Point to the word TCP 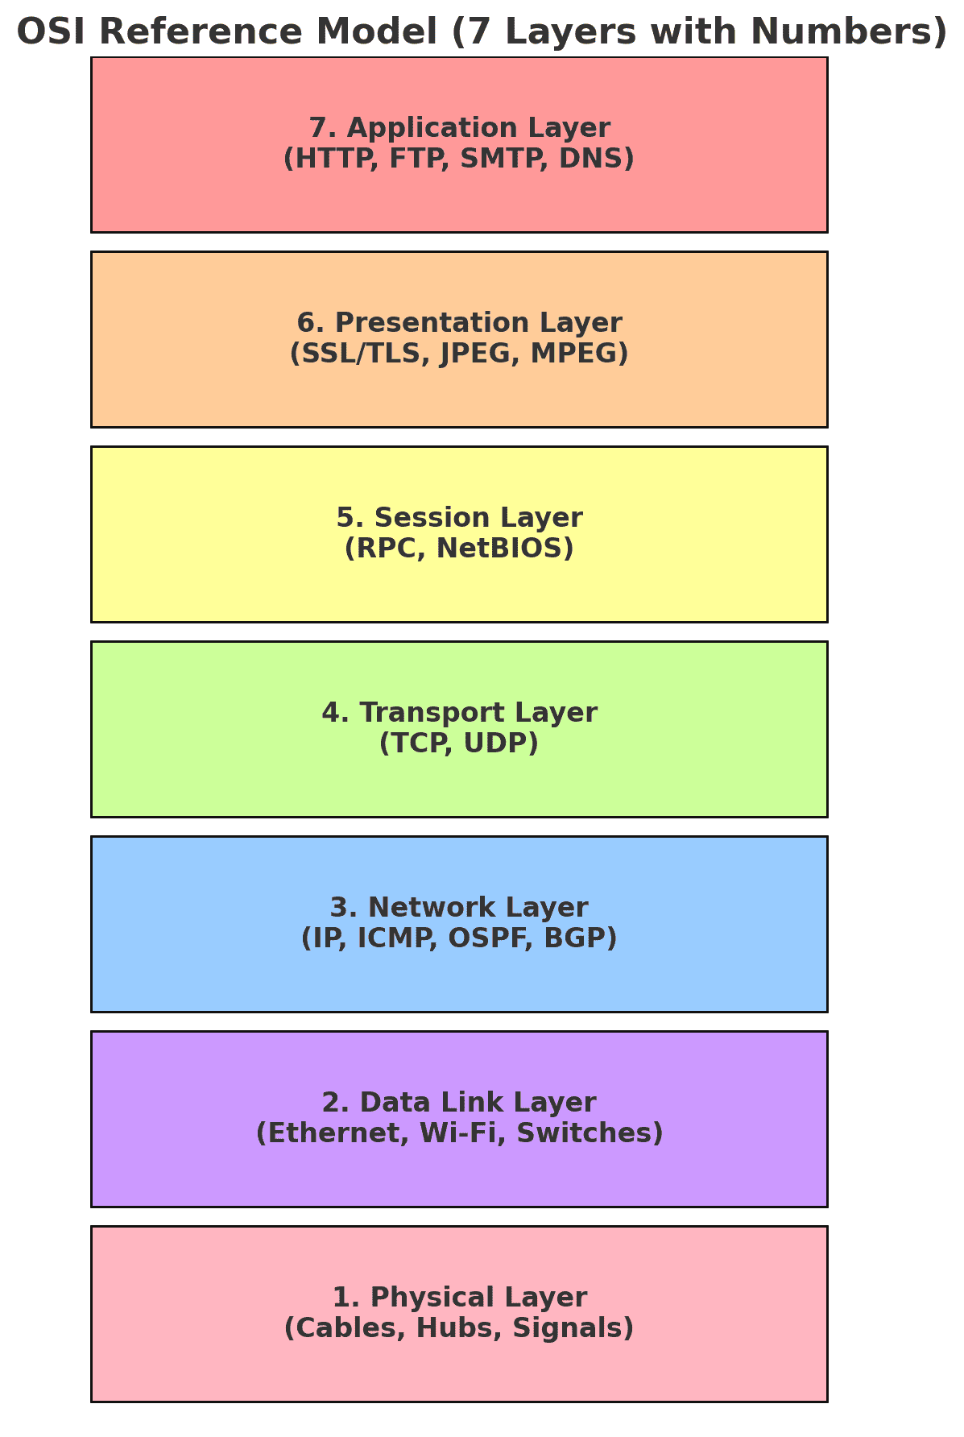[417, 743]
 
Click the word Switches [585, 1133]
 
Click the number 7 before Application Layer [318, 128]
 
